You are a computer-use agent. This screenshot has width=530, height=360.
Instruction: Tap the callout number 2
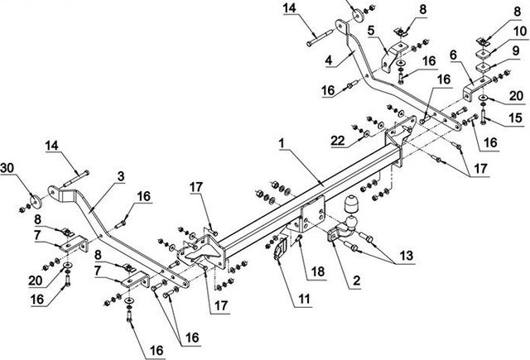tap(356, 281)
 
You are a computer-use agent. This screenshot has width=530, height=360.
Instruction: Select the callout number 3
tap(120, 175)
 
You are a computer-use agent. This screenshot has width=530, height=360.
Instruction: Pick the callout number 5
tap(372, 29)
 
